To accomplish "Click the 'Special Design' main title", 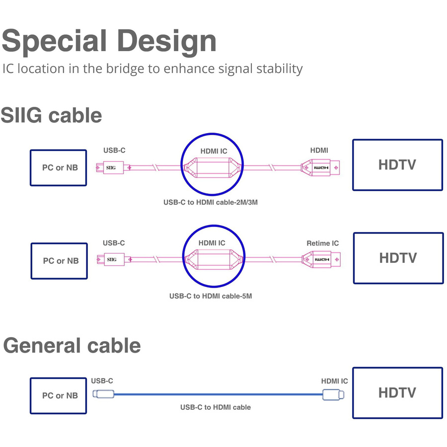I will (x=109, y=41).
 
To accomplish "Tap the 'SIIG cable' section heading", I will (x=51, y=115).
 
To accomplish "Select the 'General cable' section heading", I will (x=72, y=346).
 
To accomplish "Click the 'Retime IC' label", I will (x=322, y=243).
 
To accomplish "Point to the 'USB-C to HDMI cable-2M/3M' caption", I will (x=213, y=203).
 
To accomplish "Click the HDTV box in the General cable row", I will (x=397, y=393).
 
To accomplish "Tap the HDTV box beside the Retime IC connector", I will (x=398, y=258).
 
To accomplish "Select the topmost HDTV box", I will (x=397, y=165).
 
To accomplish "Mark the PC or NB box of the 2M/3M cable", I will (x=58, y=168).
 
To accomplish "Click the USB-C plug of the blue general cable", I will (x=103, y=394).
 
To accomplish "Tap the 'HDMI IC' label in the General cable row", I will (x=334, y=381).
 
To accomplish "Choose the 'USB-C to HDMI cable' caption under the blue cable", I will (x=215, y=407).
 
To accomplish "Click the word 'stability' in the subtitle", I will (x=278, y=69).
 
